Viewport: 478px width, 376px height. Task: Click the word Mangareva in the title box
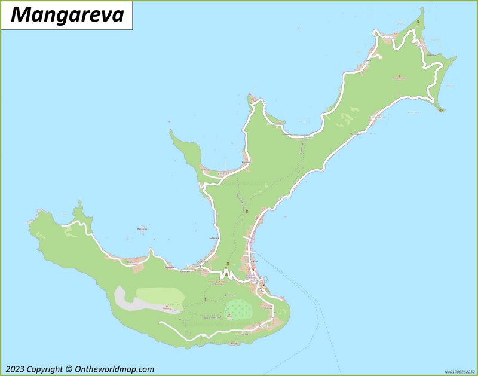(x=67, y=14)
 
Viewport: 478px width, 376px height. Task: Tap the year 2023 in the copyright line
(x=17, y=369)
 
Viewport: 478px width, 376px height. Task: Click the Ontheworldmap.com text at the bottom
(x=114, y=369)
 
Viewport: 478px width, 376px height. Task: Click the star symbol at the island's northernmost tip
(x=418, y=22)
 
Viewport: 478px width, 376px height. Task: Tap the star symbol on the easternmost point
(x=441, y=110)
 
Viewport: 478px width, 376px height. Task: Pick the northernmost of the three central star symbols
(x=246, y=212)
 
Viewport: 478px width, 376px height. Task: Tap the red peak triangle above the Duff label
(x=229, y=314)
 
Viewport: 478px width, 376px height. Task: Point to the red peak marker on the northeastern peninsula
(x=399, y=75)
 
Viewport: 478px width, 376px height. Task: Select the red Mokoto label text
(x=167, y=311)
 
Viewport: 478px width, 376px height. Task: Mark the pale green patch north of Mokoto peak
(x=160, y=295)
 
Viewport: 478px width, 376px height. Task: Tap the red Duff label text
(x=229, y=317)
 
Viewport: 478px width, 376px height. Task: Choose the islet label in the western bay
(x=142, y=229)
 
